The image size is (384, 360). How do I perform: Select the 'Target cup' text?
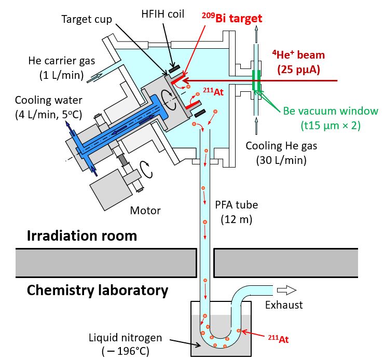pos(86,20)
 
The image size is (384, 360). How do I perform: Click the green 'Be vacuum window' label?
pos(331,111)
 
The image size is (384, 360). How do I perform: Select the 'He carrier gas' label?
pos(62,61)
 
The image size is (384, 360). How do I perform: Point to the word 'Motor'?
pos(146,210)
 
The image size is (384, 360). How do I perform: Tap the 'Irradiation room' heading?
pos(82,236)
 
